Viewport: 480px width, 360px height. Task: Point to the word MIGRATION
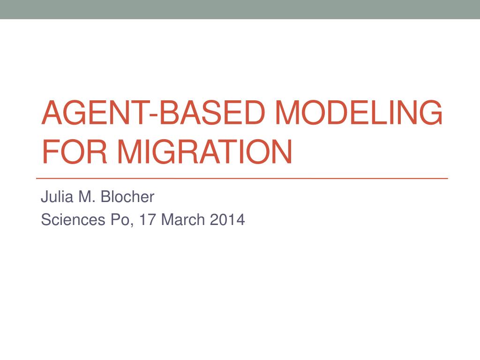click(205, 152)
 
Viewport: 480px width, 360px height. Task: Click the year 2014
click(227, 219)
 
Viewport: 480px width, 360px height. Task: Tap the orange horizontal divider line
click(242, 179)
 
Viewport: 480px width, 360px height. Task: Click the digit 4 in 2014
click(240, 219)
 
